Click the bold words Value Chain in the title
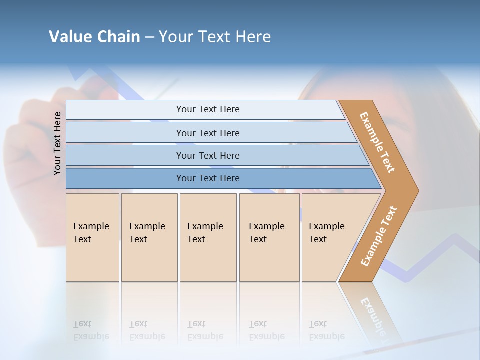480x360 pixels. point(94,37)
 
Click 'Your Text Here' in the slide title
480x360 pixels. point(215,37)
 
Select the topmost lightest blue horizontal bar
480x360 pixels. point(205,109)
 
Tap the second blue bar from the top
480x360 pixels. point(208,133)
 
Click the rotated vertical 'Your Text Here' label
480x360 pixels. point(57,143)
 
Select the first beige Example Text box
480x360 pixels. point(92,237)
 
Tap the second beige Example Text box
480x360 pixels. point(149,237)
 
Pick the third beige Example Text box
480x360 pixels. point(208,237)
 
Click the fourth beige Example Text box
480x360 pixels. point(269,237)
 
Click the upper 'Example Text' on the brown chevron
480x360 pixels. point(377,142)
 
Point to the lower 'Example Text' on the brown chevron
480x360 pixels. point(379,236)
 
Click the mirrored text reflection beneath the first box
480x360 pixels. point(91,330)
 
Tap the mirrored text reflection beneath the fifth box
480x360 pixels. point(326,330)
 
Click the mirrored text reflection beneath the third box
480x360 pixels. point(205,330)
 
